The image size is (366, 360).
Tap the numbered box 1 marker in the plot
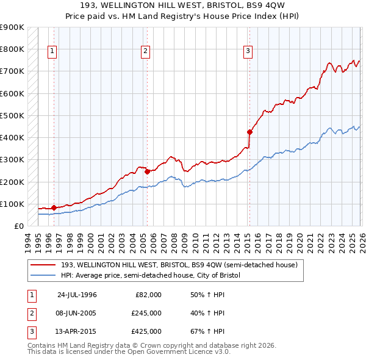click(52, 51)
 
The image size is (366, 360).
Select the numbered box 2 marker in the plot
click(146, 51)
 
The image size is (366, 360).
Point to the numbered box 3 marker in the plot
click(248, 51)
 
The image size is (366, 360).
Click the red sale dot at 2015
click(249, 131)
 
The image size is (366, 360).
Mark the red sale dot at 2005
click(147, 171)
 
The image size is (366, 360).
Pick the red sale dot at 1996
click(54, 207)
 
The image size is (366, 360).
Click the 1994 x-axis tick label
click(28, 240)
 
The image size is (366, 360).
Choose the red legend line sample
click(43, 265)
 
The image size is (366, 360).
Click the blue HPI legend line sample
click(43, 275)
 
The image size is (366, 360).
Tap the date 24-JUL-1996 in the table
click(77, 294)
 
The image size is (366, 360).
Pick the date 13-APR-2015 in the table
click(77, 332)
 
